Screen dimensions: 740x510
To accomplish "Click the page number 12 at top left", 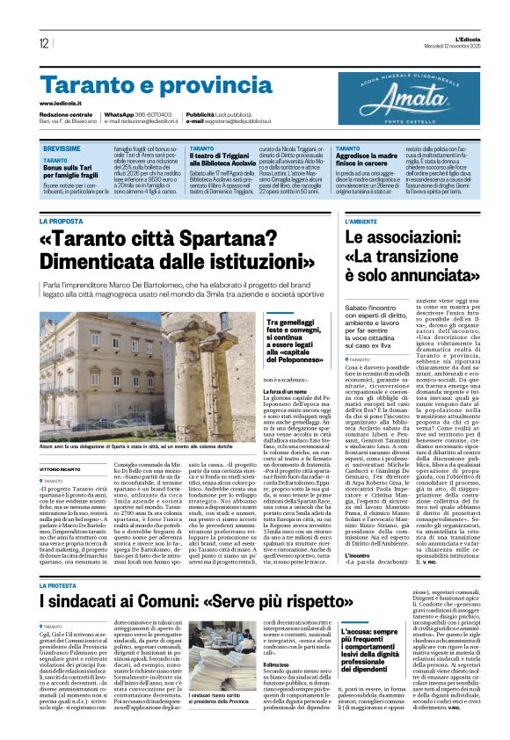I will point(44,43).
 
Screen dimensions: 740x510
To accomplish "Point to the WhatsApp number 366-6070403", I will point(148,114).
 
